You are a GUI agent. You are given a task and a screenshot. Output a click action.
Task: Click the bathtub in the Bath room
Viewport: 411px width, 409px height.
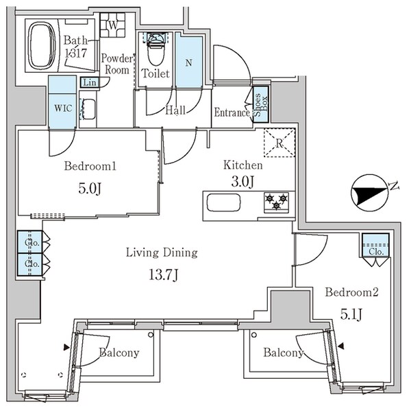pyautogui.click(x=42, y=45)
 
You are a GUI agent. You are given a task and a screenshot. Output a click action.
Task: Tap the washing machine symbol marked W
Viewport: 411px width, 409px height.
pyautogui.click(x=113, y=25)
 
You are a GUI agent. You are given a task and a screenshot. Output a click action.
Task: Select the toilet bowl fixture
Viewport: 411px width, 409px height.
pyautogui.click(x=156, y=49)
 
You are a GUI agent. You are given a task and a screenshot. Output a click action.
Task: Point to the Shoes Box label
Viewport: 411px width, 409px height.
pyautogui.click(x=260, y=105)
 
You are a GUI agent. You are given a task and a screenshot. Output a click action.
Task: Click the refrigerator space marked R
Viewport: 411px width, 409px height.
pyautogui.click(x=279, y=143)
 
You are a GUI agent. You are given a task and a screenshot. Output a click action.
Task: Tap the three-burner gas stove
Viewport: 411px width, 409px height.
pyautogui.click(x=277, y=202)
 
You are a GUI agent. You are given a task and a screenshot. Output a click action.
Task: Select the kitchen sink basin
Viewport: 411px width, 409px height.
pyautogui.click(x=223, y=202)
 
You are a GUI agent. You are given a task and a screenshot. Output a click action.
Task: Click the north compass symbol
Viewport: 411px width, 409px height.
pyautogui.click(x=370, y=192)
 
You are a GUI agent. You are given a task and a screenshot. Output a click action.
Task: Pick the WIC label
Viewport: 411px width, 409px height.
pyautogui.click(x=63, y=108)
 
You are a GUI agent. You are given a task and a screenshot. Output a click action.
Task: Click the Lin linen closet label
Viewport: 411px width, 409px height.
pyautogui.click(x=90, y=83)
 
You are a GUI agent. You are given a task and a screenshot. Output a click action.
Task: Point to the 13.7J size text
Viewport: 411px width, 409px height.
pyautogui.click(x=163, y=275)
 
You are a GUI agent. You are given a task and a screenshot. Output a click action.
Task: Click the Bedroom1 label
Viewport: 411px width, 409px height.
pyautogui.click(x=90, y=166)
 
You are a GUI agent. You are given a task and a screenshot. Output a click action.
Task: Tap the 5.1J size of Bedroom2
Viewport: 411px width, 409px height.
pyautogui.click(x=351, y=314)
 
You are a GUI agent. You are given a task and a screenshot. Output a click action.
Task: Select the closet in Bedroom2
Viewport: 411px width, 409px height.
pyautogui.click(x=375, y=245)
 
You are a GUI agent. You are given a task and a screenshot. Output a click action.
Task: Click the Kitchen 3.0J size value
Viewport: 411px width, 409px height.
pyautogui.click(x=242, y=182)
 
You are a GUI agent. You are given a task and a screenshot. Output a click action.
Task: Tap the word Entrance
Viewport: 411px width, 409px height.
pyautogui.click(x=232, y=113)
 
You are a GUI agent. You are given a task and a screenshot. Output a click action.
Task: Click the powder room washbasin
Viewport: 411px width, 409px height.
pyautogui.click(x=88, y=108)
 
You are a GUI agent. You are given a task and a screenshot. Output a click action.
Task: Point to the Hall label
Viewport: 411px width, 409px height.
pyautogui.click(x=175, y=110)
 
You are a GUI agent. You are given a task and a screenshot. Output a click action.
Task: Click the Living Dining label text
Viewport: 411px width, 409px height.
pyautogui.click(x=162, y=253)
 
